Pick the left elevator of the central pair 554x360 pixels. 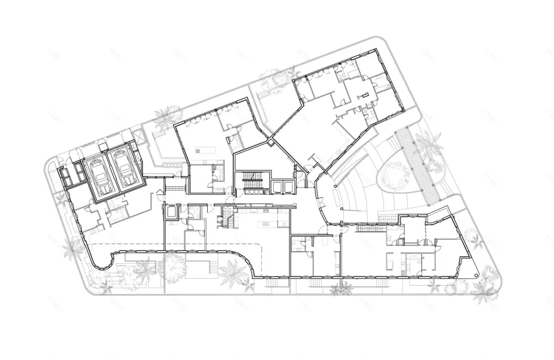(276, 187)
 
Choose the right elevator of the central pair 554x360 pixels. (288, 187)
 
